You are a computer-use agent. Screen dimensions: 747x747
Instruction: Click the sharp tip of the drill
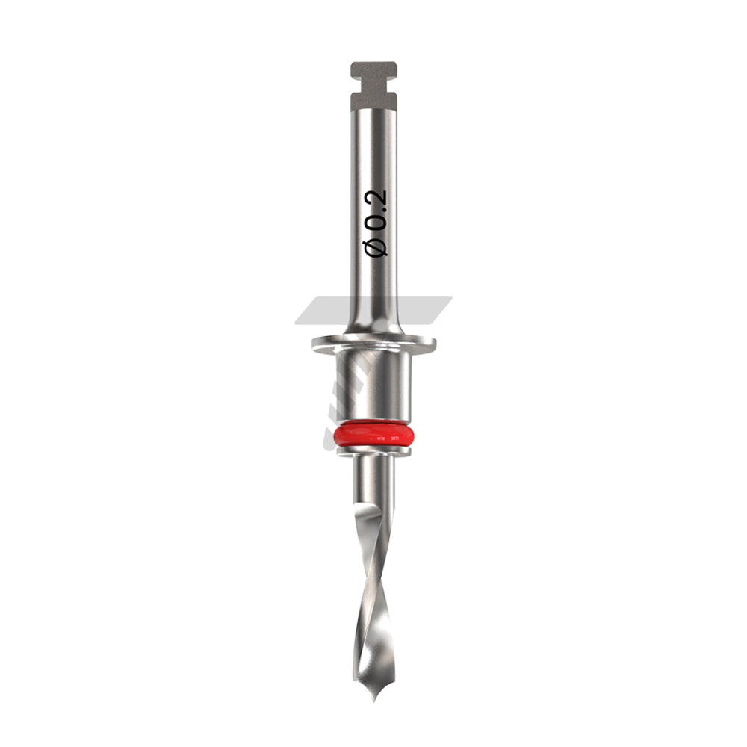374,701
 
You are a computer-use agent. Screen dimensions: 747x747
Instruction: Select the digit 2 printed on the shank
376,199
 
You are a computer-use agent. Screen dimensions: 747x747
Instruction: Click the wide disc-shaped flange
374,343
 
